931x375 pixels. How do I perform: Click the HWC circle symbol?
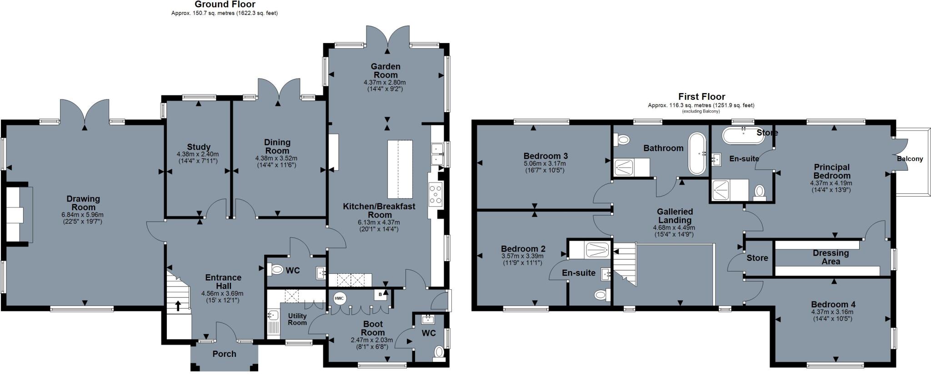pyautogui.click(x=339, y=298)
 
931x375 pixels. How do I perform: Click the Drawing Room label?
pyautogui.click(x=83, y=203)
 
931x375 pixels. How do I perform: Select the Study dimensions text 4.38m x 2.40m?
pyautogui.click(x=199, y=154)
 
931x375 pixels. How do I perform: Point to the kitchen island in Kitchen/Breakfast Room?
pyautogui.click(x=400, y=167)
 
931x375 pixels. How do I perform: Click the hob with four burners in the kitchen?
pyautogui.click(x=435, y=194)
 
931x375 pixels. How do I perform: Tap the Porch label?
pyautogui.click(x=225, y=354)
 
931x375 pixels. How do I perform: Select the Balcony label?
pyautogui.click(x=910, y=159)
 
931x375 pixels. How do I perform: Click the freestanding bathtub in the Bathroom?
pyautogui.click(x=696, y=153)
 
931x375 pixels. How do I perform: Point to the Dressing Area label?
pyautogui.click(x=831, y=257)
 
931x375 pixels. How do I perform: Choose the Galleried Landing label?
pyautogui.click(x=675, y=216)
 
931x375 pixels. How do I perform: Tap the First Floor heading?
pyautogui.click(x=701, y=96)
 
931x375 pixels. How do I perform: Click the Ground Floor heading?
pyautogui.click(x=225, y=5)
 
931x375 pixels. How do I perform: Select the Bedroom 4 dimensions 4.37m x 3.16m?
pyautogui.click(x=832, y=312)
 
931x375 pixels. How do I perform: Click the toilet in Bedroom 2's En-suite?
pyautogui.click(x=601, y=296)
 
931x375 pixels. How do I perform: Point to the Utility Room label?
pyautogui.click(x=297, y=319)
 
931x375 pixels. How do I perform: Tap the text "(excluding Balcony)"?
pyautogui.click(x=701, y=111)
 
